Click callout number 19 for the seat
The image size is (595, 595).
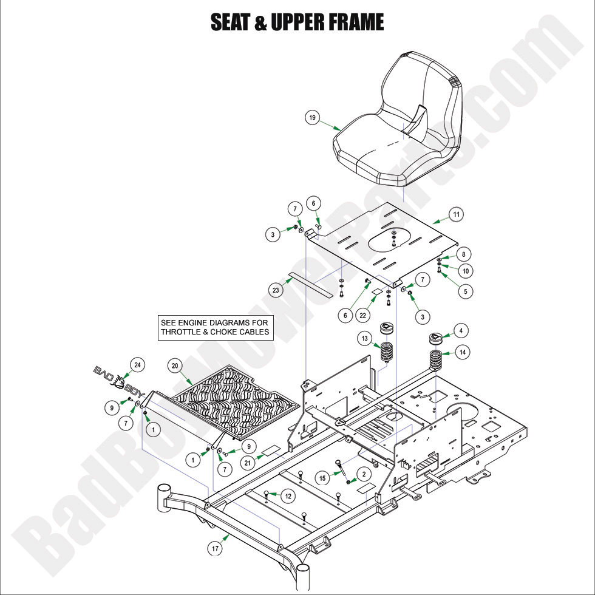312,118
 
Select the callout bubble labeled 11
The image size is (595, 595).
457,214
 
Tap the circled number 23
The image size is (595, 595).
276,290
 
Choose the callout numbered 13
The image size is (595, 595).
364,338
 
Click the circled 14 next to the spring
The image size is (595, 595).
463,352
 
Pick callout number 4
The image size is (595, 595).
461,331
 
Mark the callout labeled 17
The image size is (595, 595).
215,549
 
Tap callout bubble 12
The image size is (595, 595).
288,496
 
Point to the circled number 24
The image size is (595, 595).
138,365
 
